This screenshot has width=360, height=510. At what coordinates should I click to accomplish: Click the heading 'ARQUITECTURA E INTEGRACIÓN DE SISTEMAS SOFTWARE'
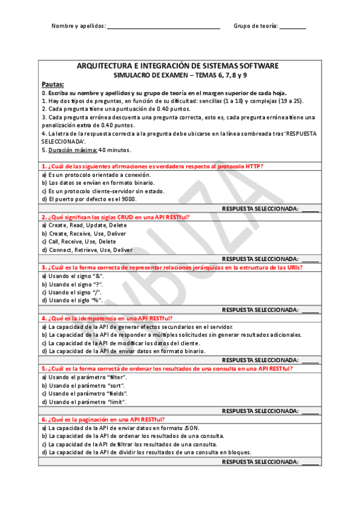(x=178, y=66)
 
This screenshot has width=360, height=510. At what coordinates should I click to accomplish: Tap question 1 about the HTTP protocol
(x=152, y=166)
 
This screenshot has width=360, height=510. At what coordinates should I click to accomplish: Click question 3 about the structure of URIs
(x=171, y=267)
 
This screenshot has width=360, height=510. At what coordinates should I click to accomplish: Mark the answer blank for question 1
(x=310, y=209)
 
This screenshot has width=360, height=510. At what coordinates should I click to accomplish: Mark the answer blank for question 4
(x=310, y=361)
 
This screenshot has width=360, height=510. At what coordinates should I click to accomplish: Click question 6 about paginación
(x=103, y=419)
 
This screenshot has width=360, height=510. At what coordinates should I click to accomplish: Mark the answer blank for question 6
(x=310, y=462)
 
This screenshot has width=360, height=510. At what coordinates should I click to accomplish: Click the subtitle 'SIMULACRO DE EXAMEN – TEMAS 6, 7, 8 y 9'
(x=178, y=75)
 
